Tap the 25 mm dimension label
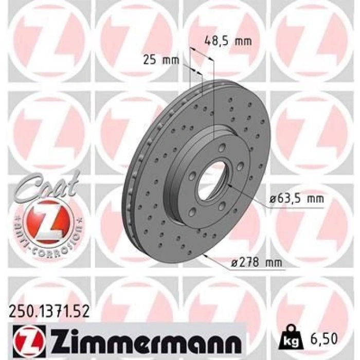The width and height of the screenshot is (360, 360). click(x=160, y=61)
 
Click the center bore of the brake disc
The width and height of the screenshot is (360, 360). click(x=210, y=183)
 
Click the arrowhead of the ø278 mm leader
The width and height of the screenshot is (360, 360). click(x=205, y=254)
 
